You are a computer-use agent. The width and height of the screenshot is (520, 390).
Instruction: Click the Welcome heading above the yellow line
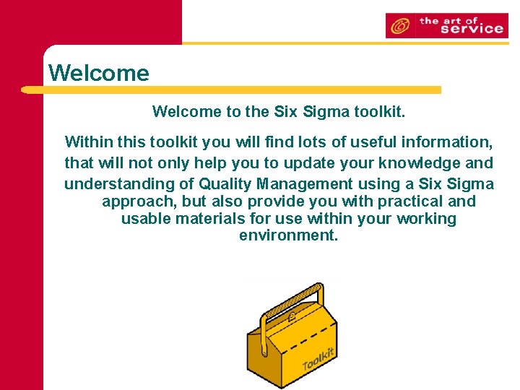98,73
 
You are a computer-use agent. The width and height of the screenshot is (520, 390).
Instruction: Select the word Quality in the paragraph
224,183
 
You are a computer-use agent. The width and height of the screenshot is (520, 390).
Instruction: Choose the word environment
288,236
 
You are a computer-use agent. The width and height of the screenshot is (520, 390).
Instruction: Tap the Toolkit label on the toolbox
317,357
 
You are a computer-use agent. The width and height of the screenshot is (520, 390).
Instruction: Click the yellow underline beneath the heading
231,90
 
